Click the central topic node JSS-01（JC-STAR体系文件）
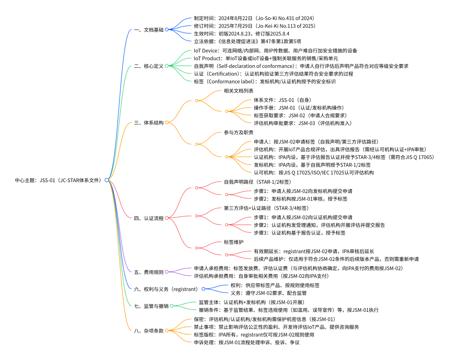[59, 180]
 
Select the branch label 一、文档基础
[149, 30]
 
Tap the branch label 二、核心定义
[149, 66]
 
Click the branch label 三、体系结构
[149, 123]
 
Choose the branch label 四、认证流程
[149, 218]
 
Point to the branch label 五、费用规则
[149, 272]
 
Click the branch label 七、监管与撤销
[152, 306]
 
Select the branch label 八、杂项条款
[149, 331]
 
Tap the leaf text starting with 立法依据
[248, 41]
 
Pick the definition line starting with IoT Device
[275, 51]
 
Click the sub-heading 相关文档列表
[239, 91]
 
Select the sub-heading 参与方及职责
[239, 133]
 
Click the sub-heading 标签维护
[234, 242]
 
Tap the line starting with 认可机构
[314, 172]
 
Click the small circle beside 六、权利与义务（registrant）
[203, 289]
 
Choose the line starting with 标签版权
[254, 335]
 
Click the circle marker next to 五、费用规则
[167, 272]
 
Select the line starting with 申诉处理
[247, 343]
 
